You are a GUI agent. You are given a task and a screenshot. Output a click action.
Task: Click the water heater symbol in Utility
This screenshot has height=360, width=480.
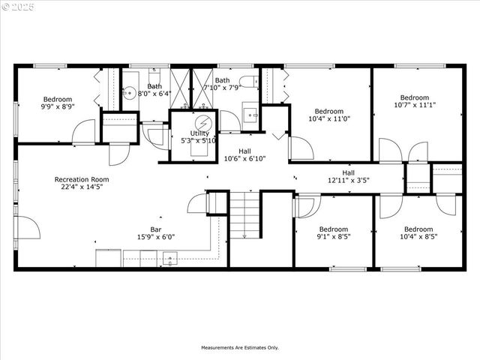tap(202, 122)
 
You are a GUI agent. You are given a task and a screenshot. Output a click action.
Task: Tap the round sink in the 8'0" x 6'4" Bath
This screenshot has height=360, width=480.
tap(129, 94)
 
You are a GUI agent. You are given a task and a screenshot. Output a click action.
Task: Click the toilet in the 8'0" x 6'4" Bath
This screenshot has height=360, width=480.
tap(155, 77)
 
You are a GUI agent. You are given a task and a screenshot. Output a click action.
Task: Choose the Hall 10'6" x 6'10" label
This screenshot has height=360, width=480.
tap(245, 154)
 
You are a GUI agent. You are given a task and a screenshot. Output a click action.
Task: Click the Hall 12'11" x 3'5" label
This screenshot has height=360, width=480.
tap(349, 176)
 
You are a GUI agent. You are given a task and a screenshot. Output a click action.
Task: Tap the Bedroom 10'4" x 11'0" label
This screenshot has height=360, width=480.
tap(328, 115)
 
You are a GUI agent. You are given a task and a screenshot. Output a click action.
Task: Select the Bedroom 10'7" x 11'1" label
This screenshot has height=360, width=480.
tap(414, 101)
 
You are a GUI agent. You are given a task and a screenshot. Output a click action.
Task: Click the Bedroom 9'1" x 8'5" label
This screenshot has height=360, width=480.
tap(333, 233)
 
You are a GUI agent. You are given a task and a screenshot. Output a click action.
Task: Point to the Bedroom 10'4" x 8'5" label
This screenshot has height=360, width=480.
tap(418, 233)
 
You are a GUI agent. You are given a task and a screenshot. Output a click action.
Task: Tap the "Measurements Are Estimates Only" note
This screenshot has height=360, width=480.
tap(239, 348)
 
